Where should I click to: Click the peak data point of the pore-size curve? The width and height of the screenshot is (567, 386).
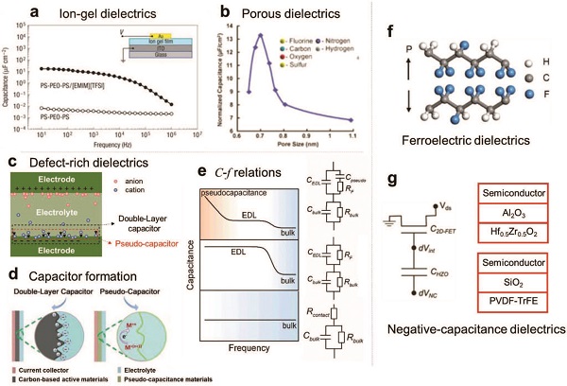[x=260, y=35]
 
